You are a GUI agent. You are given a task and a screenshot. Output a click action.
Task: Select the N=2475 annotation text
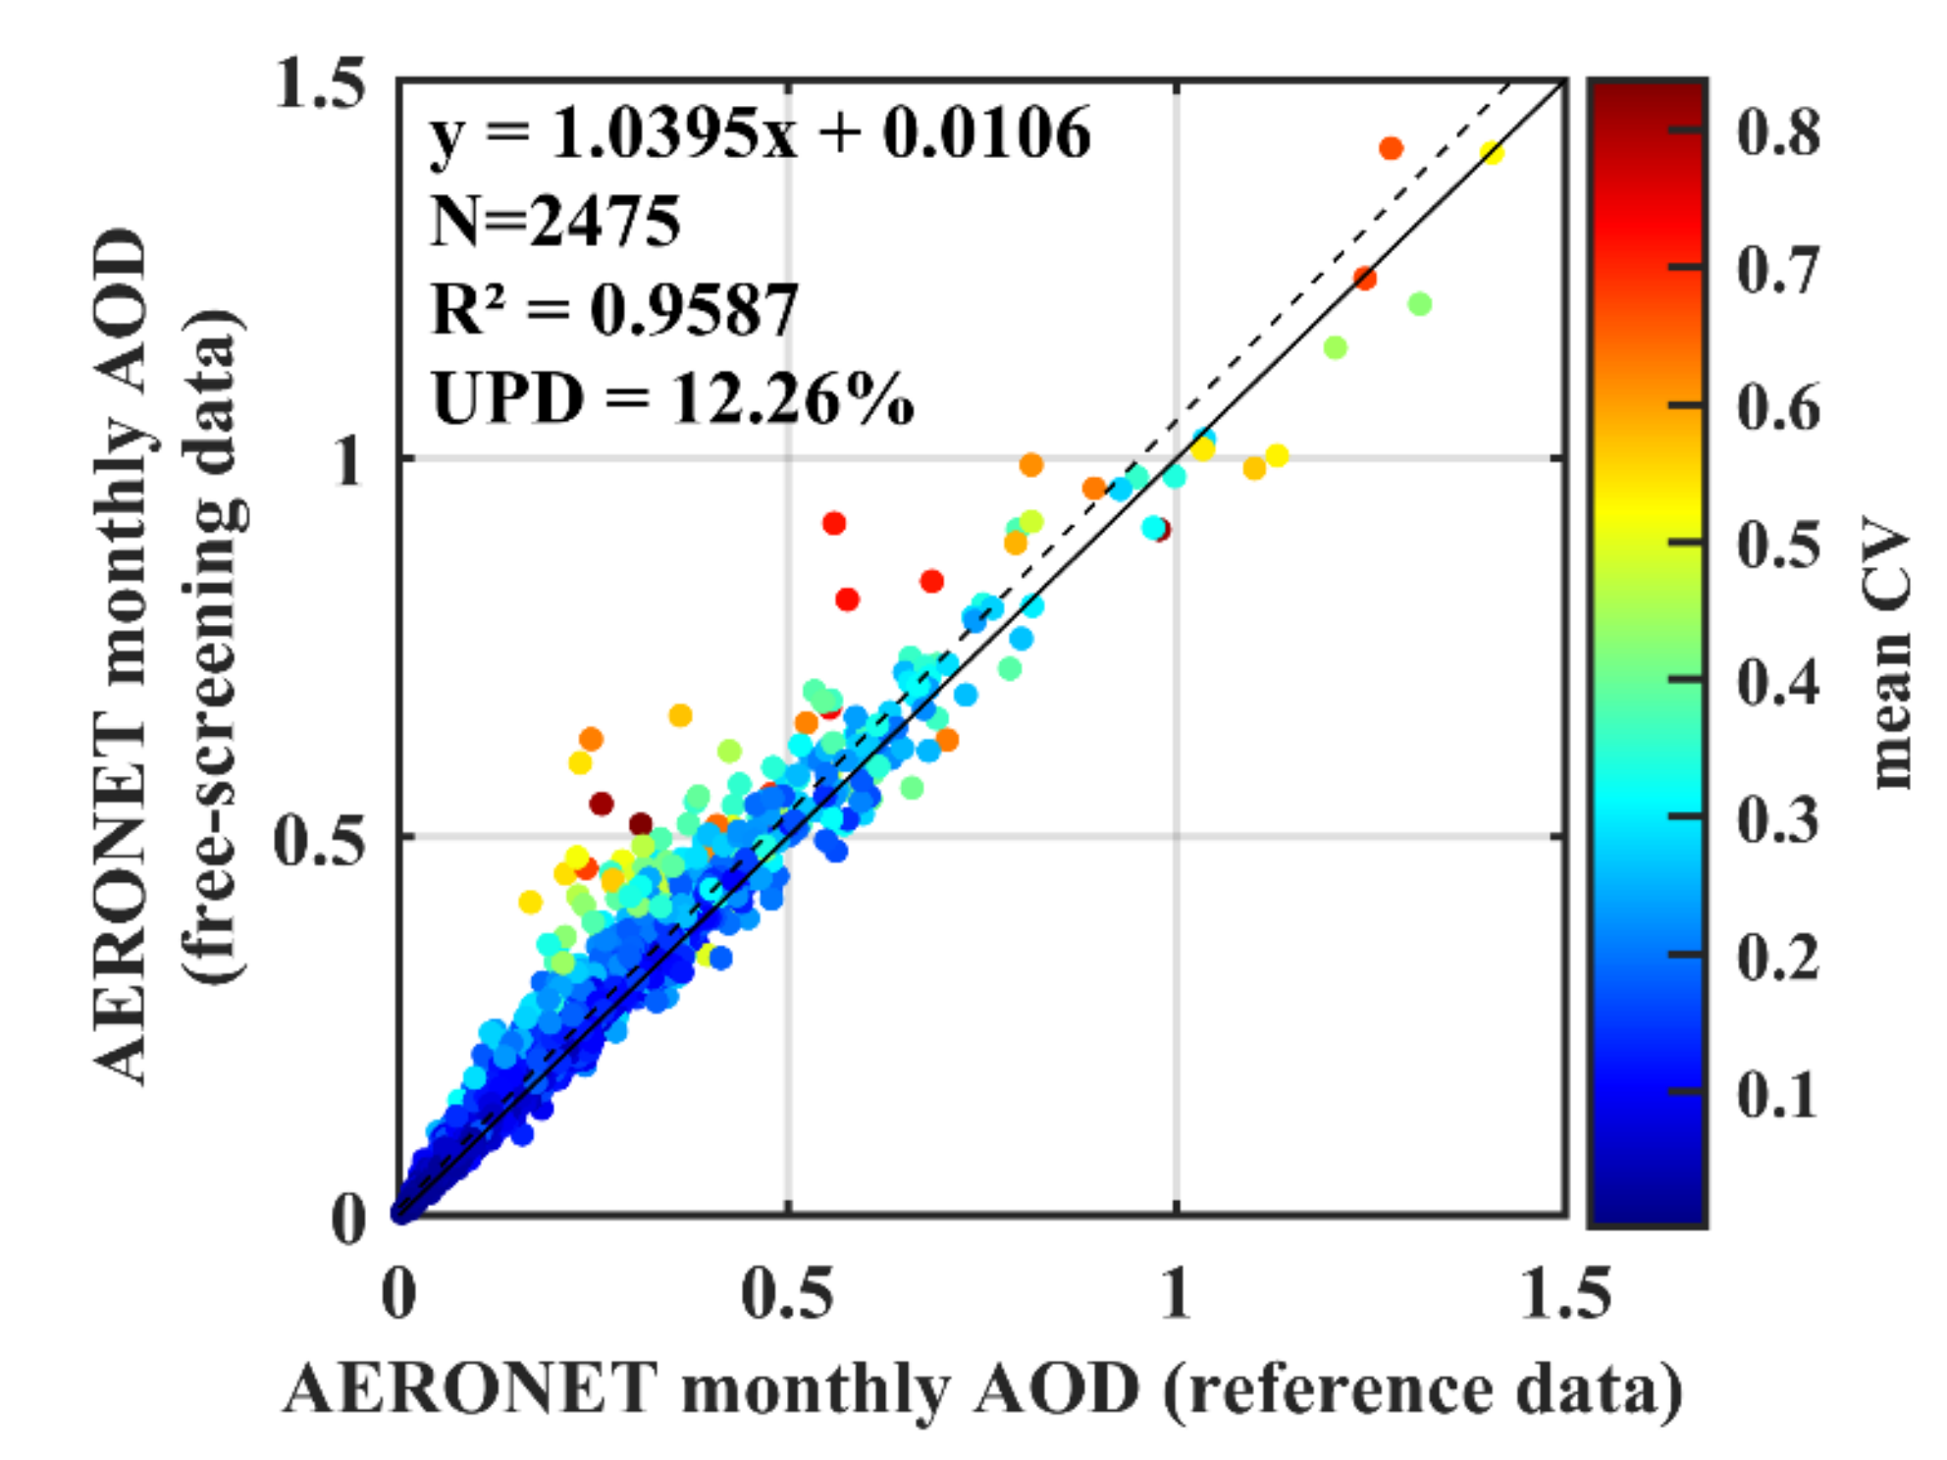tap(554, 221)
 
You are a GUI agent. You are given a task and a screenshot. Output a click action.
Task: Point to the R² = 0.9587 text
tap(614, 310)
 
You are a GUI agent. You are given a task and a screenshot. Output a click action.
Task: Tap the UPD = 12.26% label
tap(672, 399)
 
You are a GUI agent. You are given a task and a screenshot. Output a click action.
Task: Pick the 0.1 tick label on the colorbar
tap(1777, 1093)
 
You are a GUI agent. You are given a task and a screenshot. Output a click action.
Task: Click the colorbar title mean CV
tap(1890, 652)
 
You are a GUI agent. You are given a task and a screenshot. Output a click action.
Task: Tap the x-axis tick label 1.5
tap(1564, 1293)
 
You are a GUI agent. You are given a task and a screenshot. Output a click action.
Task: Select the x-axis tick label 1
tap(1175, 1293)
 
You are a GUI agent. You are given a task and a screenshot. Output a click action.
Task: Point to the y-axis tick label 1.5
tap(320, 82)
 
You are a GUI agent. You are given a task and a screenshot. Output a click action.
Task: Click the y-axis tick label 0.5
tap(320, 840)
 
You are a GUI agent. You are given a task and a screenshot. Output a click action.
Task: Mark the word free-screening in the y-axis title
tap(211, 687)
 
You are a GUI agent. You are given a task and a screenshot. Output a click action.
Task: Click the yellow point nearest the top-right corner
tap(1492, 152)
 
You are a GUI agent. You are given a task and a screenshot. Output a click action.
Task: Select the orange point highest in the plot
tap(1391, 148)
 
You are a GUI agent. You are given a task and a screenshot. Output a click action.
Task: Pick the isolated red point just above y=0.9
tap(833, 523)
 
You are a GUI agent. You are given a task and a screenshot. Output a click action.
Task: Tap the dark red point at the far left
tap(602, 804)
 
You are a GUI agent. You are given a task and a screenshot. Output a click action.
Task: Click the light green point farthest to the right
tap(1419, 304)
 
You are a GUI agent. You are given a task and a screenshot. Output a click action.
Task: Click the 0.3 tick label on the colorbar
tap(1777, 818)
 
